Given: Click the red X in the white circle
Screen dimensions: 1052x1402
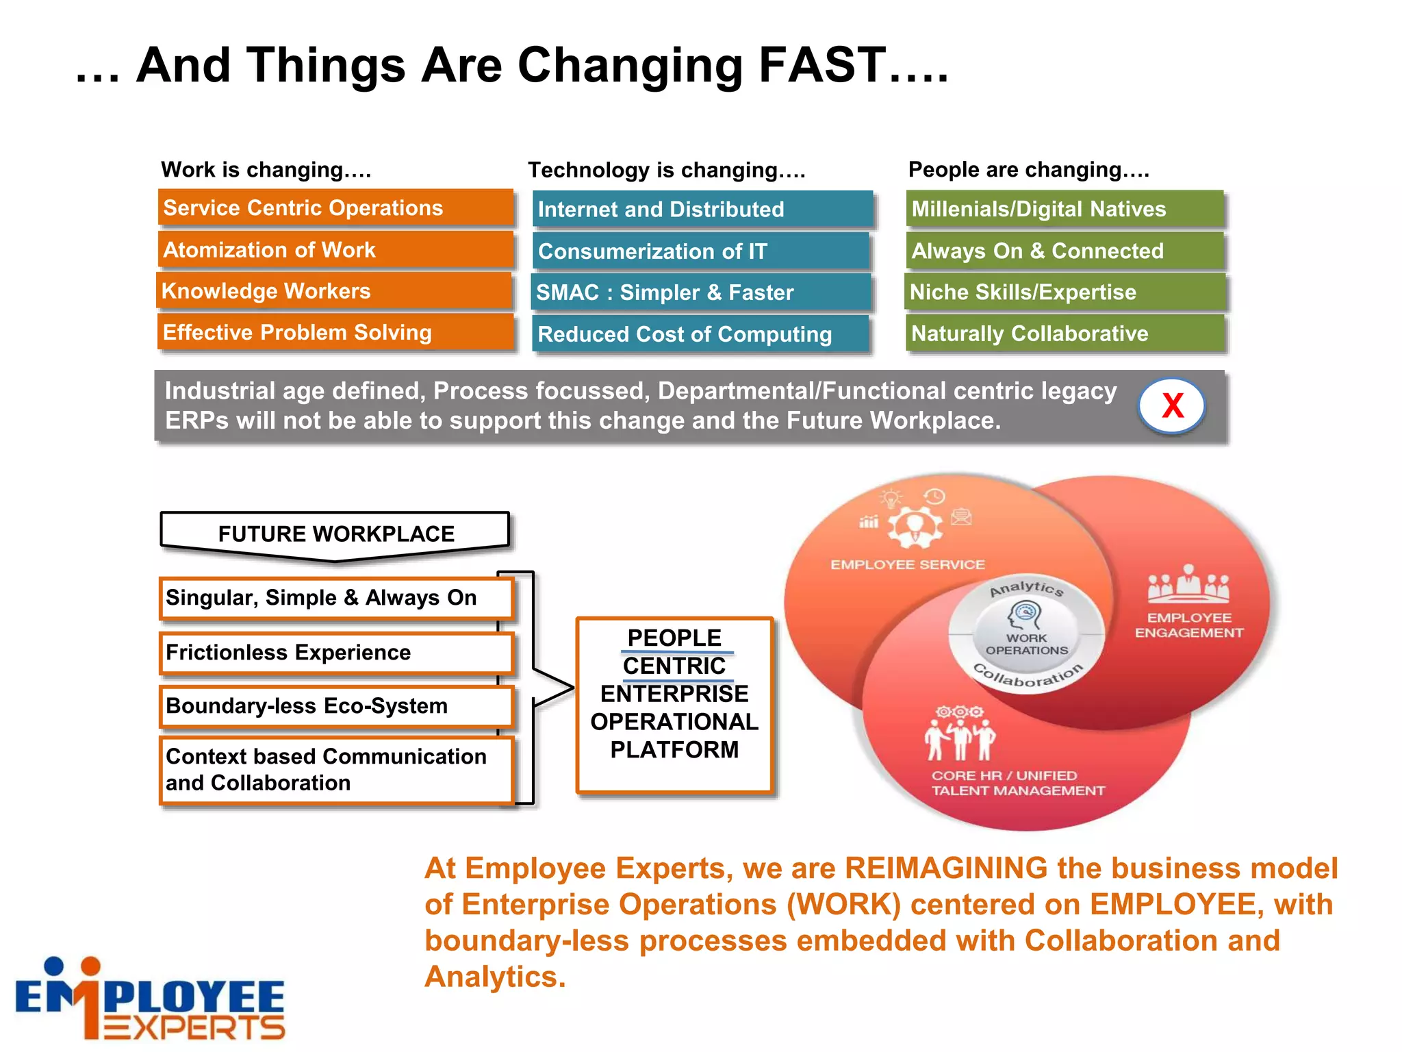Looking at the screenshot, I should point(1172,405).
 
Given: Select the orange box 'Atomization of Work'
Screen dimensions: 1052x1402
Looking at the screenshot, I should point(335,249).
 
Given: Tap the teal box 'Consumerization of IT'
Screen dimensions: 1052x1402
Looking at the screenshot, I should point(701,251).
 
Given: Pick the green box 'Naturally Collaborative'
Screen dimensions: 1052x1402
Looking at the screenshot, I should point(1065,334).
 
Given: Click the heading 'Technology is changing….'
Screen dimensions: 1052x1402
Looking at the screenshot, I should point(666,170).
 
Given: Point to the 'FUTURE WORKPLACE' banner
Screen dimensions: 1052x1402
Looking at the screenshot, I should point(335,534).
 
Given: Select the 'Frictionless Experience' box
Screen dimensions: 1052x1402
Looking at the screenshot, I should point(335,652).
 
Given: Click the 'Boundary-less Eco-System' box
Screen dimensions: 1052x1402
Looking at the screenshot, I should point(335,706).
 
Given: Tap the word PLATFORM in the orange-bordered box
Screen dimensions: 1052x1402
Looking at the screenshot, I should point(674,750).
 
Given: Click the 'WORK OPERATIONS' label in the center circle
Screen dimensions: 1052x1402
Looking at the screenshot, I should point(1026,644).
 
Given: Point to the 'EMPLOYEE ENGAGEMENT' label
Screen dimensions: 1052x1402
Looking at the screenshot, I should point(1189,625).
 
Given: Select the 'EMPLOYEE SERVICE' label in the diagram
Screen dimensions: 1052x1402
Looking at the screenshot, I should point(907,564).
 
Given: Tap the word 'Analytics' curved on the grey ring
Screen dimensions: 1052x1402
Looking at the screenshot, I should point(1027,588).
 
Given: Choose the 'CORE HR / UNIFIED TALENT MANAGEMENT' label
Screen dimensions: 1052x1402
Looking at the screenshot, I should point(1018,783).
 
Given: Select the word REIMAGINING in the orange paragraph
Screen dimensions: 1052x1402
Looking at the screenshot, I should point(945,868).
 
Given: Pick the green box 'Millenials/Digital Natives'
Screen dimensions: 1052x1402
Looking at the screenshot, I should point(1065,209).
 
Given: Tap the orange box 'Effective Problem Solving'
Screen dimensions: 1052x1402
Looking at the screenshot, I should point(335,332).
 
